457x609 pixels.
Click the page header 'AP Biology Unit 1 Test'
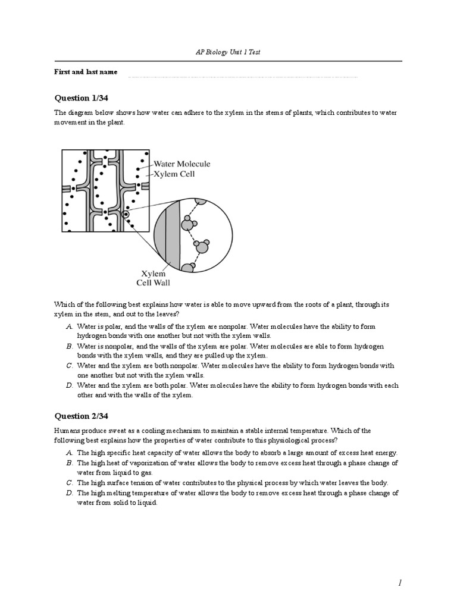coord(228,52)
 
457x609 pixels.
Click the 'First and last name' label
coord(86,72)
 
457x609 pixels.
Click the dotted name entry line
coord(243,76)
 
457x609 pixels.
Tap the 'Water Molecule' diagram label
coord(181,164)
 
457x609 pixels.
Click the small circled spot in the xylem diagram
coord(126,215)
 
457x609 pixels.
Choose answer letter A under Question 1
coord(70,327)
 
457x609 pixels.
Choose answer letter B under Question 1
coord(70,346)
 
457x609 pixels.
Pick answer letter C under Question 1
coord(70,366)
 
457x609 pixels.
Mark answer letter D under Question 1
coord(70,385)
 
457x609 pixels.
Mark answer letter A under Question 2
coord(70,453)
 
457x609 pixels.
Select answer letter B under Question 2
coord(70,463)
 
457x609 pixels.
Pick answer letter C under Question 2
coord(70,482)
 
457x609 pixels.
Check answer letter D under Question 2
coord(70,492)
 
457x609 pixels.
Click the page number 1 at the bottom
coord(401,584)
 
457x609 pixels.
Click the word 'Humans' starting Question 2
coord(66,430)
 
